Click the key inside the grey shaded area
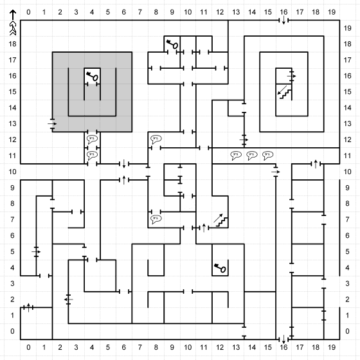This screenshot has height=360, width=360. click(x=92, y=76)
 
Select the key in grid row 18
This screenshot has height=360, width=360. click(x=172, y=44)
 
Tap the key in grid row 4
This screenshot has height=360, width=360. click(x=220, y=268)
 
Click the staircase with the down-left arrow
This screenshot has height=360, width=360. click(x=284, y=93)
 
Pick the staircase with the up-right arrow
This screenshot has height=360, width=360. click(x=221, y=221)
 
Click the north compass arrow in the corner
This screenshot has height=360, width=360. click(x=13, y=22)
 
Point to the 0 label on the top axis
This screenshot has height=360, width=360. click(x=28, y=12)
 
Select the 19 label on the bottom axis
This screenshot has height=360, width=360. click(x=332, y=347)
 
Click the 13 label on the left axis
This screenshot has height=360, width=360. click(x=12, y=123)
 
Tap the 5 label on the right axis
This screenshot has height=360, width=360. click(x=347, y=251)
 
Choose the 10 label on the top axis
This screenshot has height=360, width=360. click(x=188, y=12)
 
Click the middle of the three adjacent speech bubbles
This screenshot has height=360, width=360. click(x=251, y=156)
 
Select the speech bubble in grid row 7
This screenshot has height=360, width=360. click(x=156, y=219)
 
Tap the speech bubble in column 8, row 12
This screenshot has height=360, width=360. click(x=156, y=139)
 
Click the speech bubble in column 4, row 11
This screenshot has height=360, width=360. click(x=92, y=156)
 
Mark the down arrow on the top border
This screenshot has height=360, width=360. click(x=283, y=20)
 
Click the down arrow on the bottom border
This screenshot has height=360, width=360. click(x=283, y=339)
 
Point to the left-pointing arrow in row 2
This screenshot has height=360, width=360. click(x=68, y=300)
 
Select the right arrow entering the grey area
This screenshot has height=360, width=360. click(x=52, y=123)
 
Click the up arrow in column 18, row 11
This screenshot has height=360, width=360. click(x=316, y=164)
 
